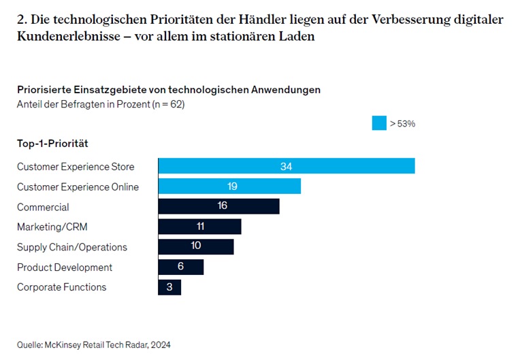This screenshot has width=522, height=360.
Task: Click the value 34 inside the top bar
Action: [286, 167]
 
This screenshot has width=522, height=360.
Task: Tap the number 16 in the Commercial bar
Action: [222, 206]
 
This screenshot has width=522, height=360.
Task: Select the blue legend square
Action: [379, 123]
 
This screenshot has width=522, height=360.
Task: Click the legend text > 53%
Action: [402, 124]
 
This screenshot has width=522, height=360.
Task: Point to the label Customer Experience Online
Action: [78, 187]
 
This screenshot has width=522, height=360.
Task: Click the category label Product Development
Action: [65, 267]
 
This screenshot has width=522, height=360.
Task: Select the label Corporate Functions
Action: [62, 287]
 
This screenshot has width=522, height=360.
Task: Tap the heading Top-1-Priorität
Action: [52, 144]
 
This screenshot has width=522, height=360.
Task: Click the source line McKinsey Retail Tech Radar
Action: [94, 345]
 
